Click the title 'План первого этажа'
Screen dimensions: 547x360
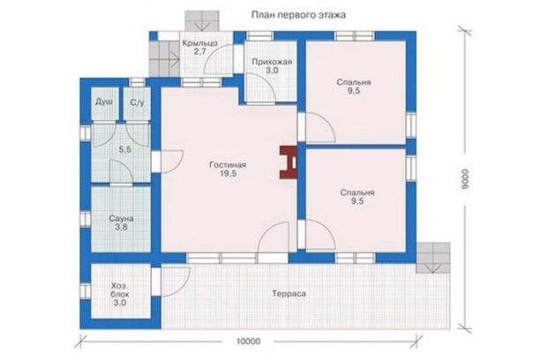click(298, 15)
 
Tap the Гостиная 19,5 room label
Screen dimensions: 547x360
click(228, 169)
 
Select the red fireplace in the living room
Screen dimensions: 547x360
click(288, 163)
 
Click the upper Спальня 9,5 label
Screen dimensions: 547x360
click(354, 86)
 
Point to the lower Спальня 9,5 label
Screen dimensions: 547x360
click(357, 197)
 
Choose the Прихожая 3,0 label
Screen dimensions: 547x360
click(272, 66)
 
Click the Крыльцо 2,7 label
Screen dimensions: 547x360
click(200, 47)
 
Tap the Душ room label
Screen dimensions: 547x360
click(104, 102)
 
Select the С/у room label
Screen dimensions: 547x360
click(137, 102)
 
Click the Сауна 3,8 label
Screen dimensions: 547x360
click(121, 223)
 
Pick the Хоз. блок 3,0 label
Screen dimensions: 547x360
click(120, 294)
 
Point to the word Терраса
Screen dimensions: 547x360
click(288, 294)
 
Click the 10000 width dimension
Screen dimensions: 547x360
click(248, 341)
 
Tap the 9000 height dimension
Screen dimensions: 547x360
click(465, 179)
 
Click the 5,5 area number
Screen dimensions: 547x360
click(125, 150)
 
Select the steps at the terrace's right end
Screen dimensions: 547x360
click(433, 258)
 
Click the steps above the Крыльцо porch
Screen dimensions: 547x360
click(202, 21)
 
